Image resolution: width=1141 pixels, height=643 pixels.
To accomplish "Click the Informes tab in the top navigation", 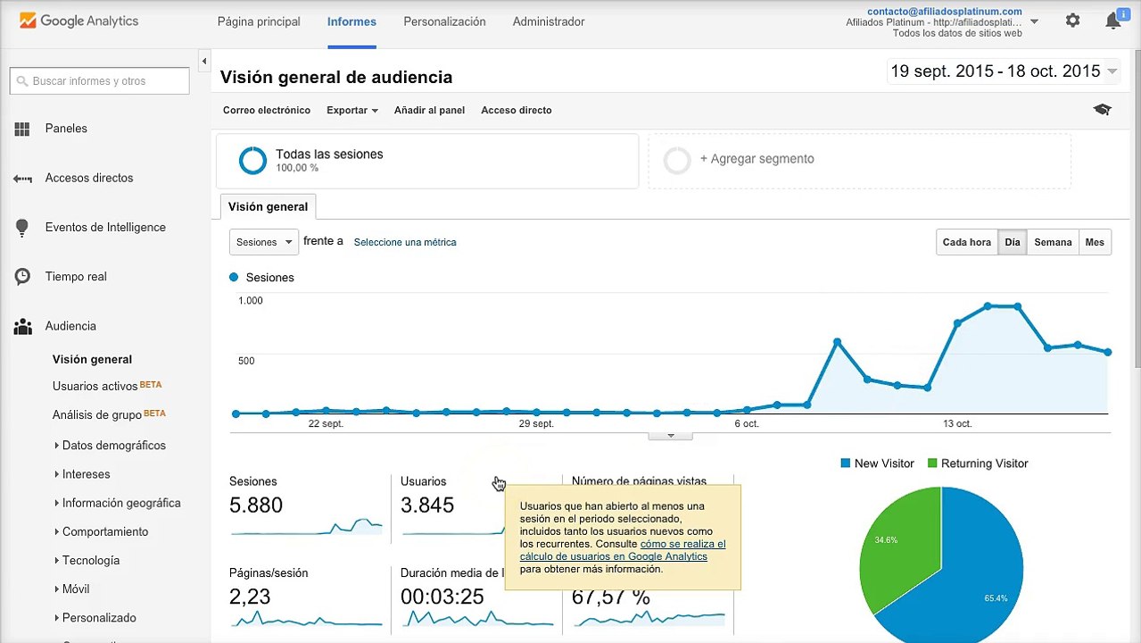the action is pos(351,21).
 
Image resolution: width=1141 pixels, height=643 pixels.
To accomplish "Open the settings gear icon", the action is pos(1072,21).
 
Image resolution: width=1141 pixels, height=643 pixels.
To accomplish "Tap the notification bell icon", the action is pos(1112,21).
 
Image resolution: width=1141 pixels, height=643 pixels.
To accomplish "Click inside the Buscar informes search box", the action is pos(99,80).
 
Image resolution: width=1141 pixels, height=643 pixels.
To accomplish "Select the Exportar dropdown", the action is pos(352,110).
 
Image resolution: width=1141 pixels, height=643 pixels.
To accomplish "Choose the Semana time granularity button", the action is pos(1053,242).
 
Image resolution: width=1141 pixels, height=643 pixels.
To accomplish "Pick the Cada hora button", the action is pos(966,242).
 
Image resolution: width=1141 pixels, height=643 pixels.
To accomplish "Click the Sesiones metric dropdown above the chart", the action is pos(264,242).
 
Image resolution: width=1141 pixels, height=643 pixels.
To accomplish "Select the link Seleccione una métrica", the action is pos(405,242).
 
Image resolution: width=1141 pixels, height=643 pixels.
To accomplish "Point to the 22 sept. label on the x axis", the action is pos(326,423).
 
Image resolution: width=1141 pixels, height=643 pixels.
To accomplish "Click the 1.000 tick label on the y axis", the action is pos(250,300).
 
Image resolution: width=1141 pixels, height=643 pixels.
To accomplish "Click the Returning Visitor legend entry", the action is pos(978,463).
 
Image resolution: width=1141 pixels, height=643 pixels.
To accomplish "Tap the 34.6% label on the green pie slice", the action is pos(886,540).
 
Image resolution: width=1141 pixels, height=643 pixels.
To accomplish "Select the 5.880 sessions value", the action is pos(256,505).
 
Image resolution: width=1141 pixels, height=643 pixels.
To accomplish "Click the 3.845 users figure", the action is pos(426,505).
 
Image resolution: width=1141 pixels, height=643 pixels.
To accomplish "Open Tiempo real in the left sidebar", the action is pos(76,276).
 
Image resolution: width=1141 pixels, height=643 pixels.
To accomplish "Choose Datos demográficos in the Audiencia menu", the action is pos(113,445).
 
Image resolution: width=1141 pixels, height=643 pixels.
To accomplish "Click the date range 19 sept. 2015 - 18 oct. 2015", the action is pos(996,71).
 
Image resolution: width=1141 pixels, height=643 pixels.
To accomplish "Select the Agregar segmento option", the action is pos(757,159).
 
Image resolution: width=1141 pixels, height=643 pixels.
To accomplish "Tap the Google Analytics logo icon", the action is pos(28,21).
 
